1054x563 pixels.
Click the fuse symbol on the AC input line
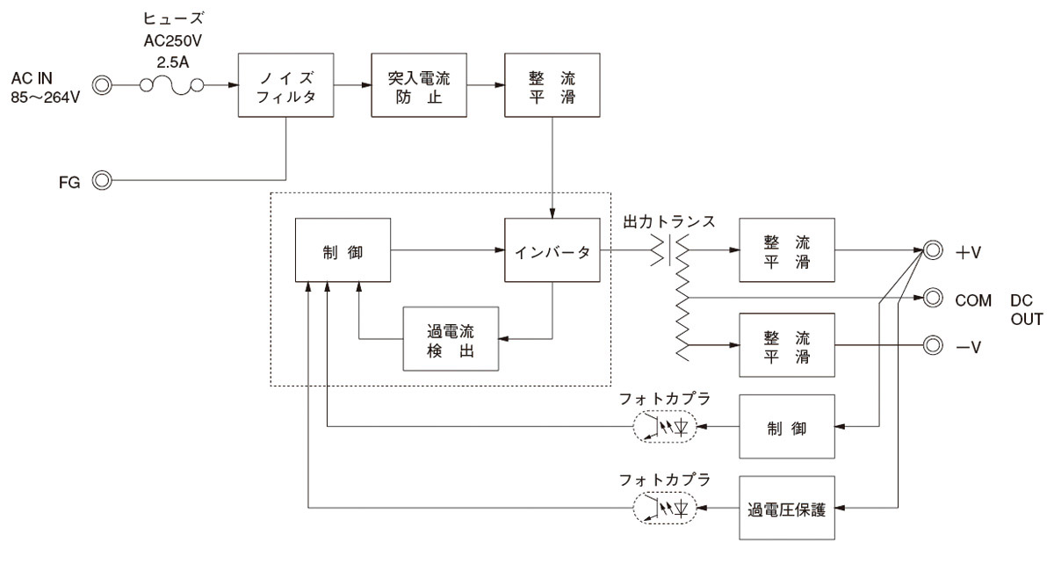(172, 86)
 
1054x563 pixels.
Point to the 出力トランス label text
(668, 221)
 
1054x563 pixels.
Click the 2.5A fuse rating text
(173, 62)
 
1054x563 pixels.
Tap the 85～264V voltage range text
(45, 97)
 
